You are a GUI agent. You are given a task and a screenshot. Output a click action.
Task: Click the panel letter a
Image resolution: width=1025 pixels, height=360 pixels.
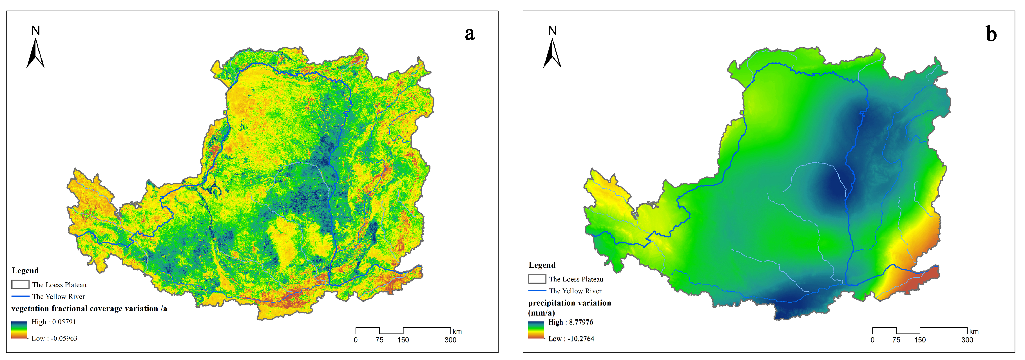coord(470,34)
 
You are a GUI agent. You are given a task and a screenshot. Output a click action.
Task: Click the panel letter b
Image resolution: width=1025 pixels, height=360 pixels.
coord(991,34)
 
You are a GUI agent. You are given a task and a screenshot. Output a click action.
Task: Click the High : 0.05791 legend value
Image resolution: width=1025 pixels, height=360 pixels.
coord(54,322)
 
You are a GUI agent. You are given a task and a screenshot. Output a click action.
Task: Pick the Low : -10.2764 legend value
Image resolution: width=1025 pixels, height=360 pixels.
coord(571,339)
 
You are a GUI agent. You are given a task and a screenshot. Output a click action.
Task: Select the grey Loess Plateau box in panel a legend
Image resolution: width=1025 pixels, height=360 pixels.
coord(20,284)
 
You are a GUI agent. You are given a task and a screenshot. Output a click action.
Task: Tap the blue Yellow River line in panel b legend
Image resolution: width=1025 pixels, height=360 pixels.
coord(537,291)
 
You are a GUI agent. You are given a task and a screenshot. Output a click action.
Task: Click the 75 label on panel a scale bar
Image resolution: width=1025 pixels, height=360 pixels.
coord(379,340)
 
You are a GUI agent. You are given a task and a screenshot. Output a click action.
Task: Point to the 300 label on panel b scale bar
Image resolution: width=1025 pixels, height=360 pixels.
coord(967,340)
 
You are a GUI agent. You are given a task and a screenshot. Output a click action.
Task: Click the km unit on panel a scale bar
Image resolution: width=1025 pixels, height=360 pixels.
coord(457,331)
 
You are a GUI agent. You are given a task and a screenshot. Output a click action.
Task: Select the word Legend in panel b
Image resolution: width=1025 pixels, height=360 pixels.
coord(542,265)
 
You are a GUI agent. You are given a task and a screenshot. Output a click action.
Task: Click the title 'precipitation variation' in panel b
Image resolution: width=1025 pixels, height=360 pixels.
coord(570,303)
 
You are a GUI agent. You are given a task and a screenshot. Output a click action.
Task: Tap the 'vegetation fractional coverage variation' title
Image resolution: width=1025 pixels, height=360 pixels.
coord(89,309)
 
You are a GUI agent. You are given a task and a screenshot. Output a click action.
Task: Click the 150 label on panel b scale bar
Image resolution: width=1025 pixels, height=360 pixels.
coord(919,340)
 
